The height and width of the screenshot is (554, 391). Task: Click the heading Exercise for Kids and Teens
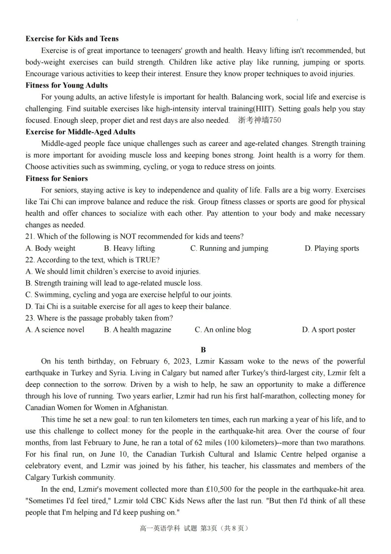(x=72, y=39)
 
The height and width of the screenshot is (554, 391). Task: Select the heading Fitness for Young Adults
(x=67, y=85)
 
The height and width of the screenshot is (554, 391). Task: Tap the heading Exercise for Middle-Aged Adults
(x=80, y=132)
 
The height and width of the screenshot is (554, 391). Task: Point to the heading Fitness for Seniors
(x=56, y=178)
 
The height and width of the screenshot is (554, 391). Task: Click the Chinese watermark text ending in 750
(x=260, y=120)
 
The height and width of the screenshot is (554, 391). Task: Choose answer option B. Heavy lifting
(x=129, y=248)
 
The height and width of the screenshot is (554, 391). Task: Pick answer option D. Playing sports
(x=332, y=248)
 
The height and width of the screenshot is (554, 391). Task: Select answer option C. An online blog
(x=223, y=330)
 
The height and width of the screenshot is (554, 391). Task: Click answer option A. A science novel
(x=55, y=330)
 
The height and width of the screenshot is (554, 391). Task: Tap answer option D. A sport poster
(x=328, y=330)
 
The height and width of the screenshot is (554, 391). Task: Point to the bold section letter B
(x=203, y=350)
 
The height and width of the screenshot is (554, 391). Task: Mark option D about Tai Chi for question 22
(x=128, y=307)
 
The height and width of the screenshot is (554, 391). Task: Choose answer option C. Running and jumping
(x=229, y=248)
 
